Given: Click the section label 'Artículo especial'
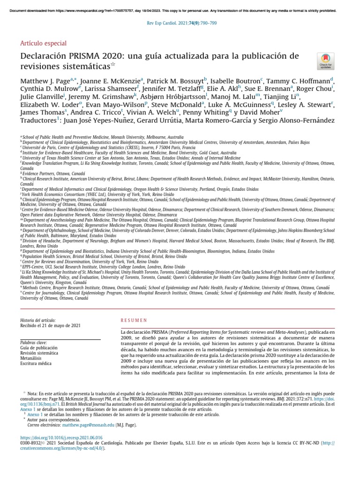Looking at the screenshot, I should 43,43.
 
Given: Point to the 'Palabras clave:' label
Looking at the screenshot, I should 34,343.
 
